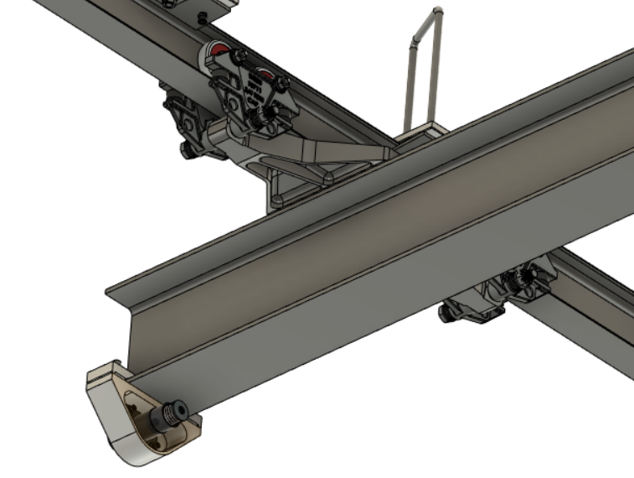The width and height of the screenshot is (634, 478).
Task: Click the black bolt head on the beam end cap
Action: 174,411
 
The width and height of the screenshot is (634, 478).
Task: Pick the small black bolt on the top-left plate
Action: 202,17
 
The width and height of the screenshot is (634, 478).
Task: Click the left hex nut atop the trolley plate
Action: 240,57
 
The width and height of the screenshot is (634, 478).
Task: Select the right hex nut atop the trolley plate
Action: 283,82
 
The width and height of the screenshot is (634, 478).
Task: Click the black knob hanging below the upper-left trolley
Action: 188,152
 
